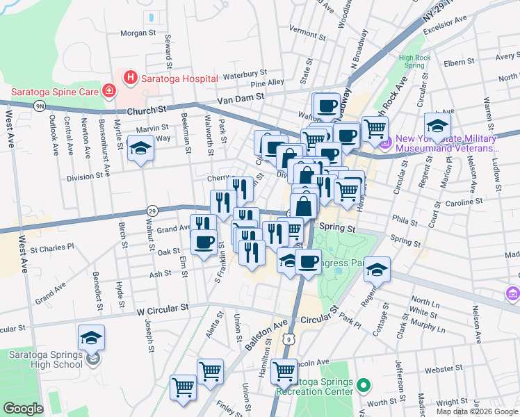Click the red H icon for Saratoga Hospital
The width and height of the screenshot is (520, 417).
(129, 79)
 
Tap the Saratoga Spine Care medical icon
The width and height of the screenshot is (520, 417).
(108, 91)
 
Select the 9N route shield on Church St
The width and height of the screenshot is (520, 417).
(40, 105)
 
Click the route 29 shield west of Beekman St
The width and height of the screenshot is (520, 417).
(152, 210)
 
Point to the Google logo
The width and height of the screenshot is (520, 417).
(23, 409)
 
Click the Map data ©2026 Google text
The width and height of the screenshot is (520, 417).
(477, 411)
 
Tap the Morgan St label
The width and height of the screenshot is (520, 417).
(138, 33)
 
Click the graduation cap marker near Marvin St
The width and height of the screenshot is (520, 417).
(140, 149)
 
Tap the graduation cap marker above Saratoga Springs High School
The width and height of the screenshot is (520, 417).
(91, 338)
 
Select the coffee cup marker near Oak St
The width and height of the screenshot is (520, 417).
(204, 243)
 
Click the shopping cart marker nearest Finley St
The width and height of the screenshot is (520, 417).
(184, 386)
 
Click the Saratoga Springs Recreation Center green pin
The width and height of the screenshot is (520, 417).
(362, 384)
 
